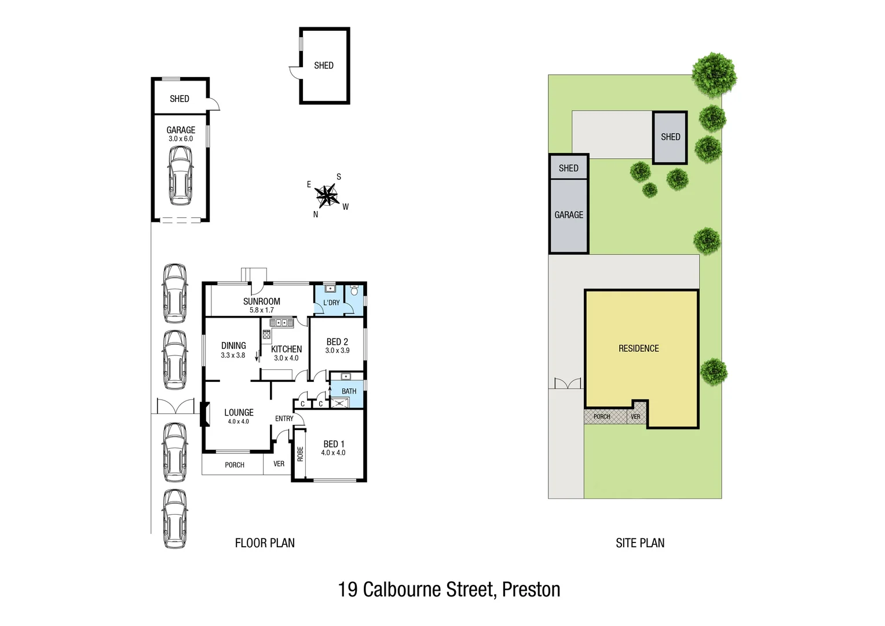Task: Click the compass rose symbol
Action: point(328,196)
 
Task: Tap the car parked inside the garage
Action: point(180,175)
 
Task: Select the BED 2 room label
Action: point(337,342)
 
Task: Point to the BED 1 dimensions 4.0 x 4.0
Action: point(333,453)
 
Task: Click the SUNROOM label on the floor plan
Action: point(261,301)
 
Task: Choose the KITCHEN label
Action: point(286,349)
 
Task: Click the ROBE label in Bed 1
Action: point(300,453)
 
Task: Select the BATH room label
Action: point(349,391)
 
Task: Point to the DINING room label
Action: point(233,345)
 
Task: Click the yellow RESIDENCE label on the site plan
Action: point(638,348)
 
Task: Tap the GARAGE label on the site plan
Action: point(568,215)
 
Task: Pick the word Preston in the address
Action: point(531,589)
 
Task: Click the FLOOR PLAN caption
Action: point(265,543)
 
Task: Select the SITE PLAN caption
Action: point(639,543)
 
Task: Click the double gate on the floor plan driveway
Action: point(175,406)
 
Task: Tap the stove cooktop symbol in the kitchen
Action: point(266,334)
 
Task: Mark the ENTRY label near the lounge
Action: point(284,418)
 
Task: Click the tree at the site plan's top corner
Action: point(714,74)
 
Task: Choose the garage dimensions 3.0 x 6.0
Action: point(180,139)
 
